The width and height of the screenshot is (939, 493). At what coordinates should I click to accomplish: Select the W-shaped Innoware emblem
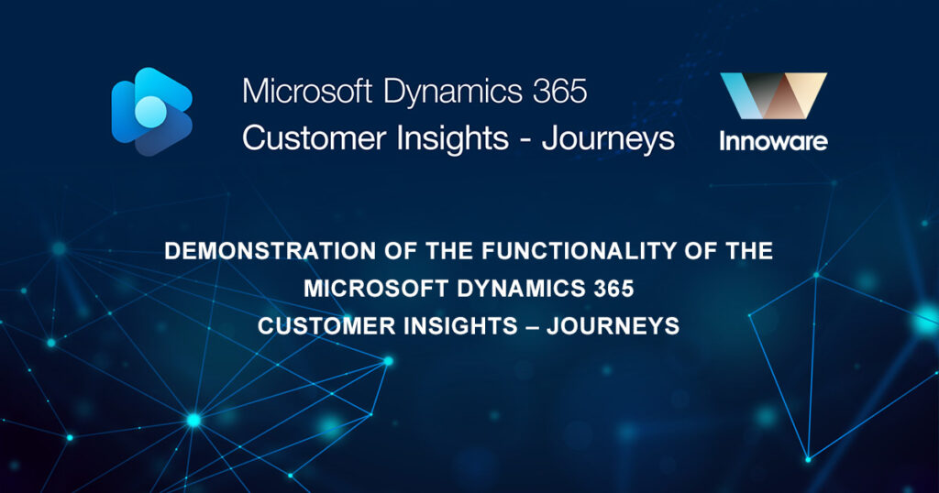point(773,98)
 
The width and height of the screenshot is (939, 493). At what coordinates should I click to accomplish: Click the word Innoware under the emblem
point(773,142)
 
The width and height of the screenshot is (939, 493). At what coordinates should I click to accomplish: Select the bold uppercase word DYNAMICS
point(503,289)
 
